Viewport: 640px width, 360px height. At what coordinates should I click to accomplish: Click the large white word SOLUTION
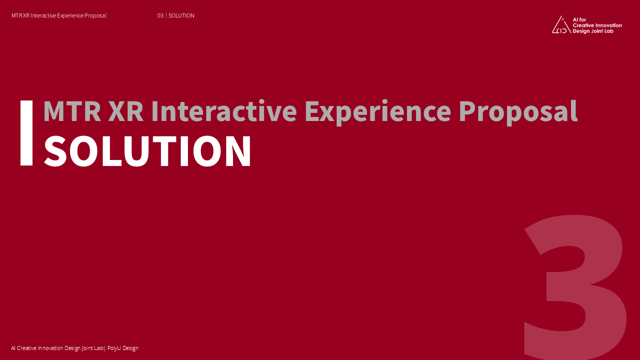pyautogui.click(x=147, y=151)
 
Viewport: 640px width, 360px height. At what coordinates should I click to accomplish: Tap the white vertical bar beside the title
pyautogui.click(x=26, y=133)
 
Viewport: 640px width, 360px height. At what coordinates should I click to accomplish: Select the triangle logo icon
pyautogui.click(x=561, y=25)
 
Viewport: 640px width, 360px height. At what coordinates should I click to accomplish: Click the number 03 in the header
pyautogui.click(x=160, y=15)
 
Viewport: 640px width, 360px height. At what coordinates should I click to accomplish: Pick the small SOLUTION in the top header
pyautogui.click(x=181, y=15)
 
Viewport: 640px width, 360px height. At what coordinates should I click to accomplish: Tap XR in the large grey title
pyautogui.click(x=126, y=111)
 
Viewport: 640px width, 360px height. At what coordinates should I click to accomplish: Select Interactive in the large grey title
pyautogui.click(x=224, y=111)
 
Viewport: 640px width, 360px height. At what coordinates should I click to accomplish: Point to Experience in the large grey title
pyautogui.click(x=377, y=112)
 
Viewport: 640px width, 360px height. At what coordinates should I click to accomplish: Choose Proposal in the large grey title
pyautogui.click(x=518, y=112)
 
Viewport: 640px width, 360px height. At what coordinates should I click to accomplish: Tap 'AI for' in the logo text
pyautogui.click(x=579, y=19)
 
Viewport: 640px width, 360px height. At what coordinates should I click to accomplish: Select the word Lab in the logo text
pyautogui.click(x=608, y=31)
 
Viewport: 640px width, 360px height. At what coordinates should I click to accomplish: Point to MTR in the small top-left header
pyautogui.click(x=16, y=15)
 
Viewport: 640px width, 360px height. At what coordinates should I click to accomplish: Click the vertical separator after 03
pyautogui.click(x=166, y=15)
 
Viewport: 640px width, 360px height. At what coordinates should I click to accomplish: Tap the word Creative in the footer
pyautogui.click(x=27, y=348)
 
